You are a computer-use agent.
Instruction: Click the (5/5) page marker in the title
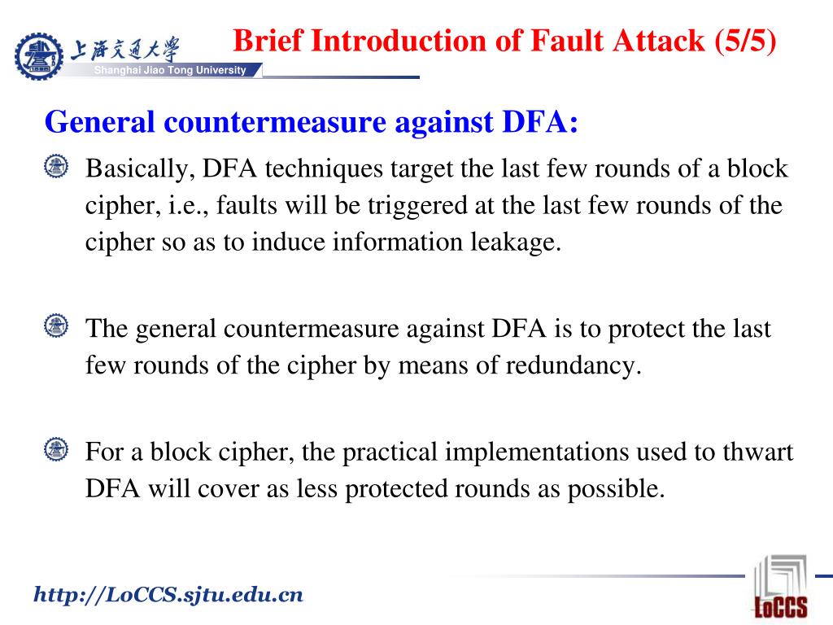click(x=745, y=41)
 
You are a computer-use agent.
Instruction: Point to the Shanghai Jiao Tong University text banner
click(x=170, y=70)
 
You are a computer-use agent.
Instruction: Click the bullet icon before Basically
click(x=56, y=167)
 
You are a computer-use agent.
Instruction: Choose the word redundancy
click(x=574, y=365)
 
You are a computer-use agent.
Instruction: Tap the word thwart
click(x=758, y=452)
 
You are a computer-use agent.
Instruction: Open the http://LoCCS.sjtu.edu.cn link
click(x=168, y=596)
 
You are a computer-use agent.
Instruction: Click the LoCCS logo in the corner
click(x=780, y=587)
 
